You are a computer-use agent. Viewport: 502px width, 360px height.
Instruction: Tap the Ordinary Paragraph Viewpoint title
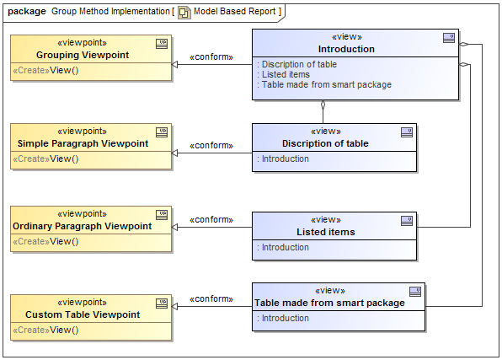tap(82, 226)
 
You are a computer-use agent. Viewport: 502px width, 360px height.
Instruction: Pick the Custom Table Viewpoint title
tap(83, 314)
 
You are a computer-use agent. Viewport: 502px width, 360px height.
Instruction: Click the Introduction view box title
tap(346, 49)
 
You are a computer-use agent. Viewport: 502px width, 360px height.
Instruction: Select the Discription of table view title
tap(325, 143)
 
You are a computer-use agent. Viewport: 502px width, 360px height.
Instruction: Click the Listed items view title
tap(325, 232)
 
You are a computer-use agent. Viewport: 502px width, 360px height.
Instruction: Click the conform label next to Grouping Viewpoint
tap(211, 57)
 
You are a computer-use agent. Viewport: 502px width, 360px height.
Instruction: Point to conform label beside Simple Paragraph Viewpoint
tap(211, 146)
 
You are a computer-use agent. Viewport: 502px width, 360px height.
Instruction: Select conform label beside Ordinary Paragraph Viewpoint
tap(211, 219)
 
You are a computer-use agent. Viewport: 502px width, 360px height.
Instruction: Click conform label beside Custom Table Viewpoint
tap(211, 298)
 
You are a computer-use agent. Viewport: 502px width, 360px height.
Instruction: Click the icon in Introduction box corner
tap(450, 38)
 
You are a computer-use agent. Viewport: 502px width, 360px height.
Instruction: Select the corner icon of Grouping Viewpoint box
tap(162, 43)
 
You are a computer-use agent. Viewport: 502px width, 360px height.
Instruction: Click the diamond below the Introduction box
tap(323, 107)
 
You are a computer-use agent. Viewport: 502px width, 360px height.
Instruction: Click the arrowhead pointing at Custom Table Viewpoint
tap(176, 307)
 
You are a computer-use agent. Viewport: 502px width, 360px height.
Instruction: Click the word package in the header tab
tap(26, 11)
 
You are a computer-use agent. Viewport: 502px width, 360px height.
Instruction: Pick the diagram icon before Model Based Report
tap(183, 12)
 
